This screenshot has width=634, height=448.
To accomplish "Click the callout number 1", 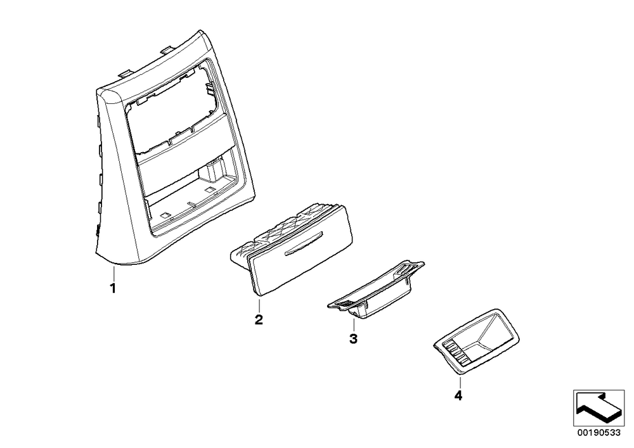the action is coord(113,289).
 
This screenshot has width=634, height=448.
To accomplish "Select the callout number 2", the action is coord(259,319).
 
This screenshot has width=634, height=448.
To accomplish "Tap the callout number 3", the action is coord(353,338).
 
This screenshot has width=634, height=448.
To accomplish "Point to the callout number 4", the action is coord(458,395).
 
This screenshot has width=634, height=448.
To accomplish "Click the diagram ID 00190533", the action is coord(599,433).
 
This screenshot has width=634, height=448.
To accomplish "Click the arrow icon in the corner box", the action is coord(599,408).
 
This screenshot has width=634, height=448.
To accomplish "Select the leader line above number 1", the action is coord(113,274).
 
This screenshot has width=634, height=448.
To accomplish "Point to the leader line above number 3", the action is coord(353,324).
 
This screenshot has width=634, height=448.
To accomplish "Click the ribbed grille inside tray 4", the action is coord(456,352).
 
